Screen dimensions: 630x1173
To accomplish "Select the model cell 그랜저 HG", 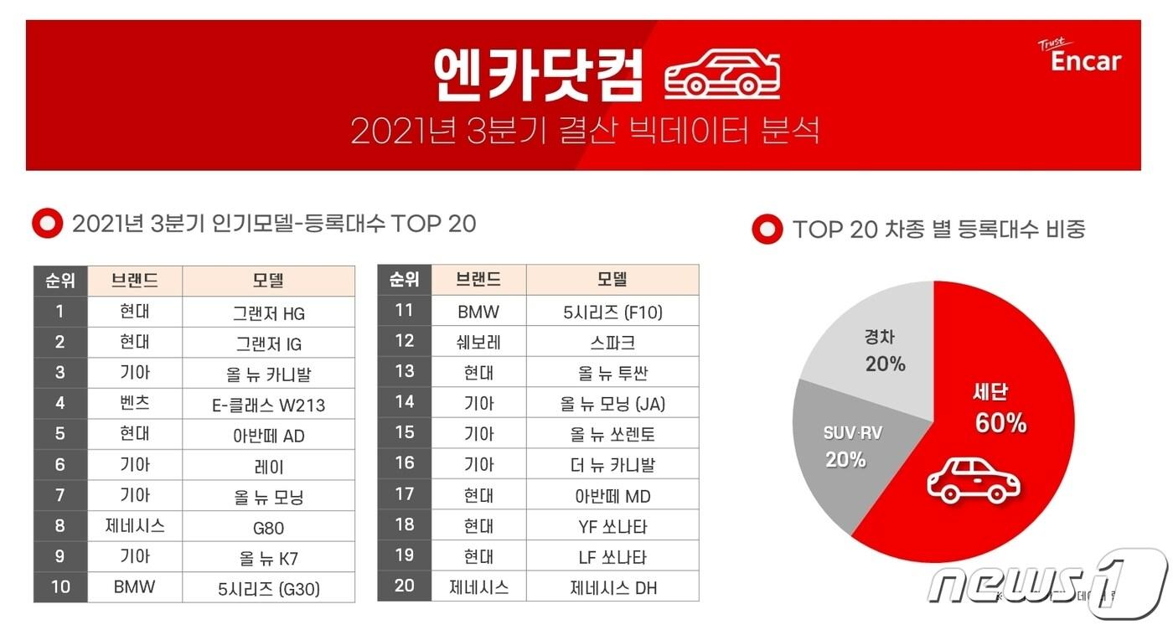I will click(268, 313).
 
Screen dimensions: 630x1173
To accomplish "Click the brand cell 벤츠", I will click(134, 405).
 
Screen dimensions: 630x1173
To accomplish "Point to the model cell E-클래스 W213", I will click(268, 405).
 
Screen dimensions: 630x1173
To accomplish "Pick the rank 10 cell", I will click(60, 586).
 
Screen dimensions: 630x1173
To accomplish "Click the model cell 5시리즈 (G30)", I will click(268, 588).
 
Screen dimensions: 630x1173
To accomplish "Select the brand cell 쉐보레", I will click(478, 342).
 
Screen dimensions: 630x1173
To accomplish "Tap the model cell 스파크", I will click(612, 342).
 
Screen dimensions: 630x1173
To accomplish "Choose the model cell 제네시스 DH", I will click(612, 587).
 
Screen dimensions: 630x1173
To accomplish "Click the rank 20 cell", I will click(404, 586).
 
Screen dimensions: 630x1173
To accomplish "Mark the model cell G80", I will click(268, 528).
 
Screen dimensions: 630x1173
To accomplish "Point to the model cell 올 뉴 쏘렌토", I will click(612, 434).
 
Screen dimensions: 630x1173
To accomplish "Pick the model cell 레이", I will click(268, 467).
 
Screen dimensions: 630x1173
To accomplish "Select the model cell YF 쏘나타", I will click(612, 526).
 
